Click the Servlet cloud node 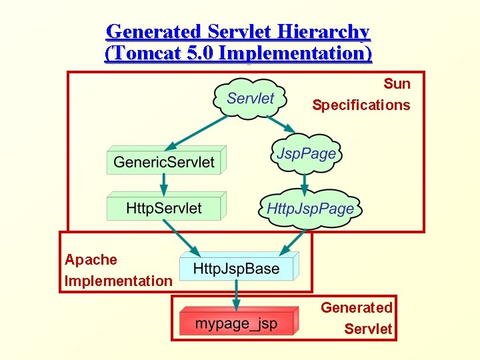pyautogui.click(x=250, y=99)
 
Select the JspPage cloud pyautogui.click(x=306, y=154)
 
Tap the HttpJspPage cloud pyautogui.click(x=310, y=208)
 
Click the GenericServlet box pyautogui.click(x=165, y=162)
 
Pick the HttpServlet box pyautogui.click(x=164, y=208)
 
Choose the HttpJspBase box pyautogui.click(x=236, y=269)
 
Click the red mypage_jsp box pyautogui.click(x=236, y=325)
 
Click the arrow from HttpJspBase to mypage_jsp pyautogui.click(x=235, y=296)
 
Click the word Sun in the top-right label pyautogui.click(x=397, y=84)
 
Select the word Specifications pyautogui.click(x=361, y=105)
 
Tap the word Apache pyautogui.click(x=91, y=260)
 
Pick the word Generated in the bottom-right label pyautogui.click(x=357, y=308)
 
